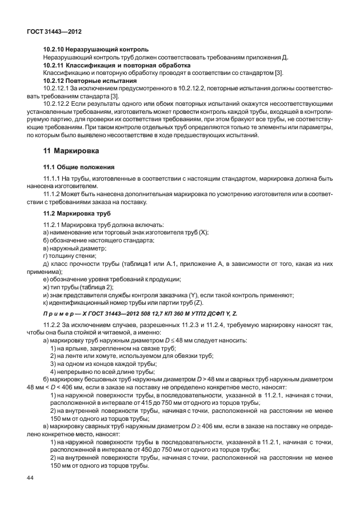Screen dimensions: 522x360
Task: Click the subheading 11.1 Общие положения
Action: click(79, 167)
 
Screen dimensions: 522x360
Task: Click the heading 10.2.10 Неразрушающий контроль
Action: click(96, 50)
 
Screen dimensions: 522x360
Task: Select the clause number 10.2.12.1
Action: click(59, 89)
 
